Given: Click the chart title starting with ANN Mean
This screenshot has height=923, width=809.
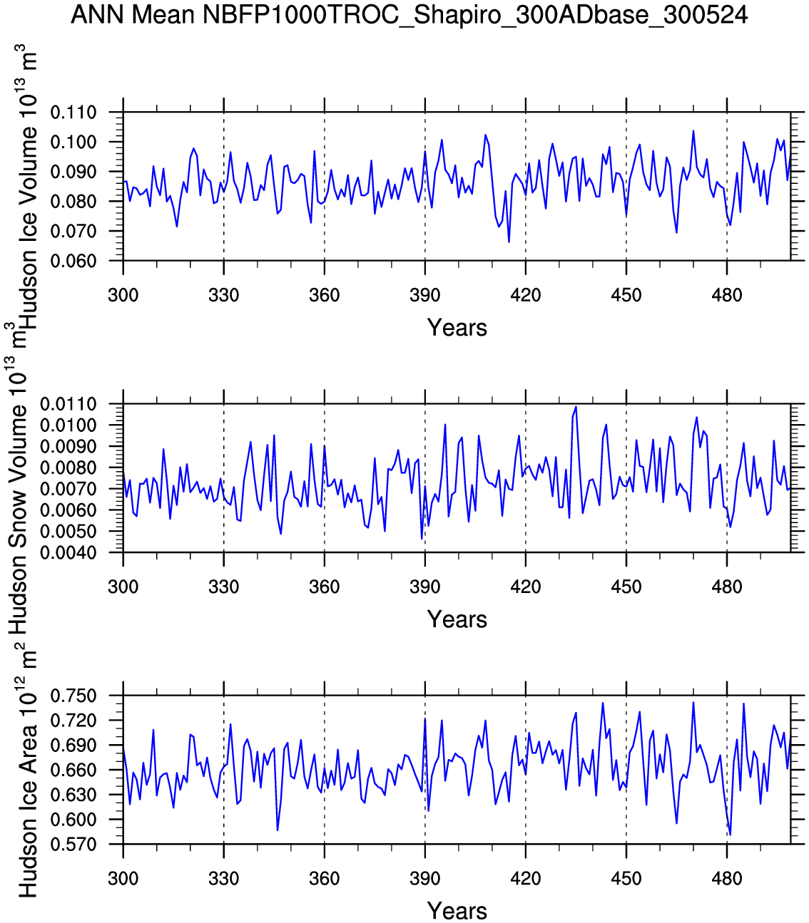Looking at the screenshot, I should point(409,15).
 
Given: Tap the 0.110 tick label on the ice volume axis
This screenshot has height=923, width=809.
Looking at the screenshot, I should point(73,113).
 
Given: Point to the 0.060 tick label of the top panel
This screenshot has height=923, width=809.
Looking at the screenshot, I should point(73,261).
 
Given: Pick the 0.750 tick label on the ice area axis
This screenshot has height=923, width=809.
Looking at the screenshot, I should point(73,696).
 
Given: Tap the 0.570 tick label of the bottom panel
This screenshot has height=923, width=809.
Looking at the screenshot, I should point(73,845).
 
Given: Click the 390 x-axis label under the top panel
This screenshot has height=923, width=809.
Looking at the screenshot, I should point(425,295).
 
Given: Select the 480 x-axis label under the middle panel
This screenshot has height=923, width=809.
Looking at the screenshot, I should point(727,587).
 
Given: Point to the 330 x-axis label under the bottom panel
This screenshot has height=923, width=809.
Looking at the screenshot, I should point(224,879).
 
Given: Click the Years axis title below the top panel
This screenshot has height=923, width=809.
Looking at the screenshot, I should point(457,328).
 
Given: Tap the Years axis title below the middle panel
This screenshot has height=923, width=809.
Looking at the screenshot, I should point(457,619).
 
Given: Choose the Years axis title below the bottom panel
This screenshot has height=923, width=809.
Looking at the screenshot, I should point(457,911).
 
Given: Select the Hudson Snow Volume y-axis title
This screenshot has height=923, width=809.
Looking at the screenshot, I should point(17,478).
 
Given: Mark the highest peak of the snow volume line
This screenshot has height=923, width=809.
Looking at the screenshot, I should point(576,407).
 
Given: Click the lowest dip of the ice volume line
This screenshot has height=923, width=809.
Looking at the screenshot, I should point(509,242).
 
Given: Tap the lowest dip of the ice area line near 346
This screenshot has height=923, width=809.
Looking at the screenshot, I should point(278,830).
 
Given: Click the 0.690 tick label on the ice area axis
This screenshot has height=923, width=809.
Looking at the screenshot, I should point(73,746).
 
